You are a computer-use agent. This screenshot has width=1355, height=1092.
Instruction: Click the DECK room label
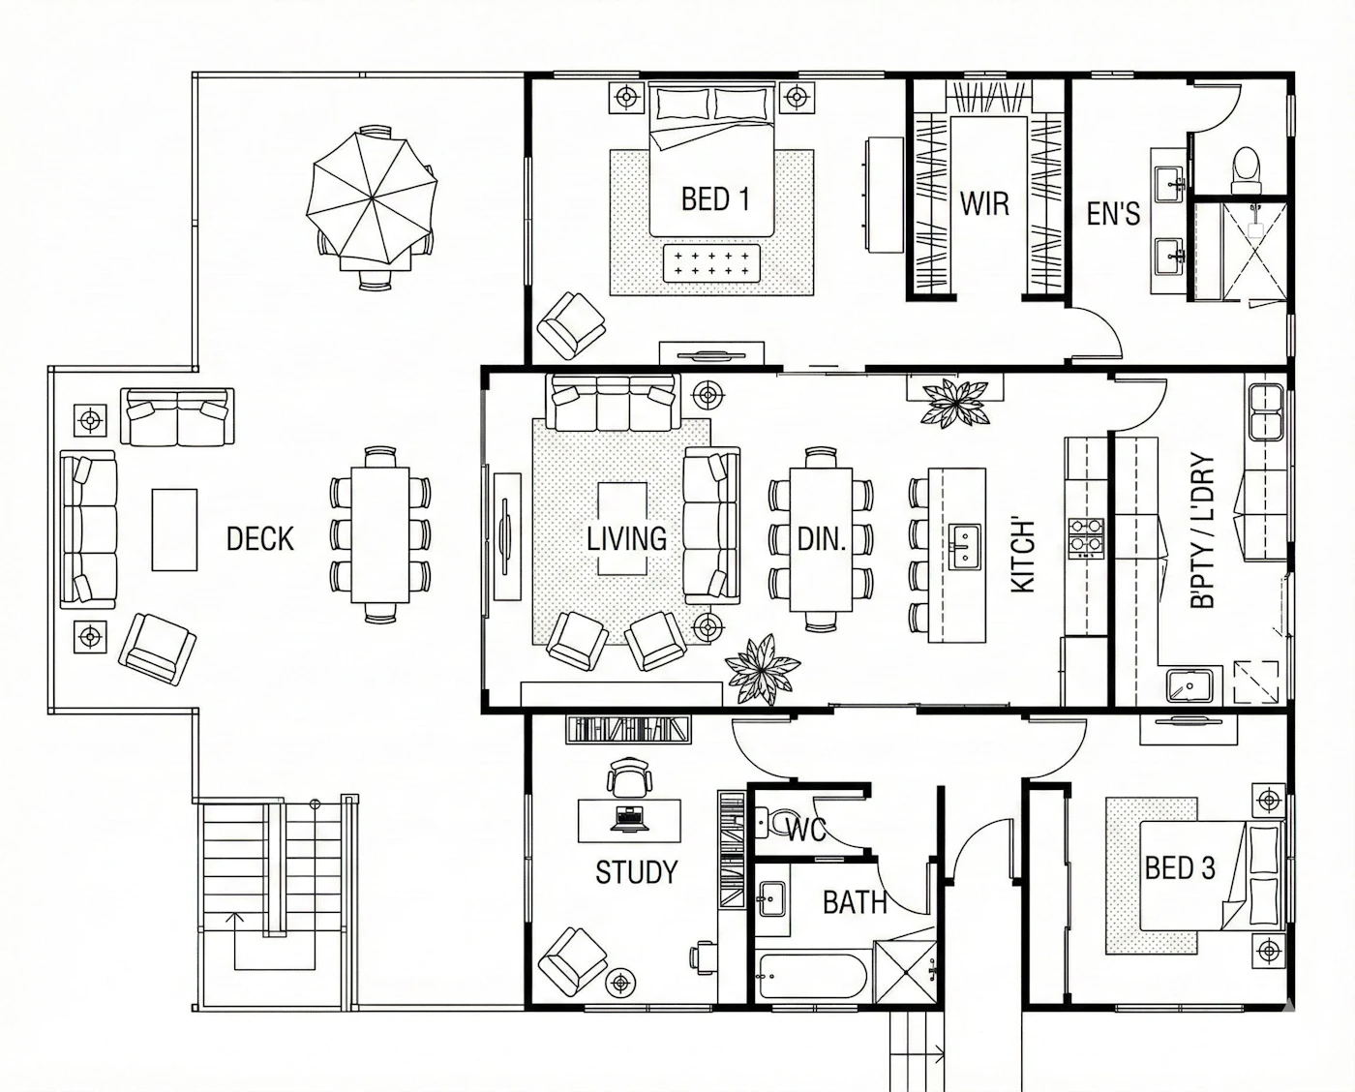click(x=260, y=539)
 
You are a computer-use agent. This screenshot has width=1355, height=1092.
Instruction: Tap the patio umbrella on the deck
click(x=372, y=197)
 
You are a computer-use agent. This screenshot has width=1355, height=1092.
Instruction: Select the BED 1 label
click(x=715, y=199)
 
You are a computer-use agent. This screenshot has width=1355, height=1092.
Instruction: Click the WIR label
click(x=984, y=203)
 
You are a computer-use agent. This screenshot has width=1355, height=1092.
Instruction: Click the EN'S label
click(x=1113, y=214)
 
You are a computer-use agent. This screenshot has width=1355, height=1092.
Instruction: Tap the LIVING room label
click(x=626, y=539)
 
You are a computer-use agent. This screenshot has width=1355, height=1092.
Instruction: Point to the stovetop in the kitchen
click(x=1086, y=538)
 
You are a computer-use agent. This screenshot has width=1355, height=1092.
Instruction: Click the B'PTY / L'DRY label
click(x=1202, y=531)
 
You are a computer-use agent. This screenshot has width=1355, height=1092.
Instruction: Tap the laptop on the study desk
click(x=629, y=819)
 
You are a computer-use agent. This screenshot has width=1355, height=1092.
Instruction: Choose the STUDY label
click(x=637, y=872)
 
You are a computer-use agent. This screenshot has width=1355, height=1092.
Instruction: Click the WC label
click(x=806, y=831)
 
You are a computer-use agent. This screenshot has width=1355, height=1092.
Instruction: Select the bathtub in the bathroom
click(x=813, y=976)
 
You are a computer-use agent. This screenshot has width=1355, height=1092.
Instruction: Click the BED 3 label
click(x=1180, y=867)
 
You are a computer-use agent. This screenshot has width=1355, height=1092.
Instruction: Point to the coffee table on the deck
click(x=174, y=530)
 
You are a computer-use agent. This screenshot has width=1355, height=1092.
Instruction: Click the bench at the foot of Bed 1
click(x=711, y=263)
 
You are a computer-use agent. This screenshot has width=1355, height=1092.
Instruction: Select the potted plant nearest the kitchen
click(x=954, y=402)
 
